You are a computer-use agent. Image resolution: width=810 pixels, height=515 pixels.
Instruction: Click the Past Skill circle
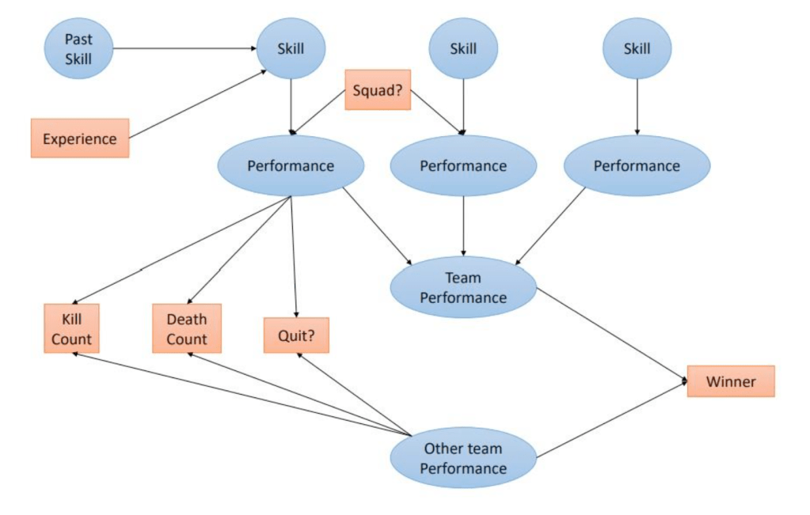pos(78,49)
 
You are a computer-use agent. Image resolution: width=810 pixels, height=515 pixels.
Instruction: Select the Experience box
pos(80,138)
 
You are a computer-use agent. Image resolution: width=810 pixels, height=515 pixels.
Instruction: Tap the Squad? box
pos(378,89)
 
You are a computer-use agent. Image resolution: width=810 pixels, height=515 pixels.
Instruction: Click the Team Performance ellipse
pos(463,287)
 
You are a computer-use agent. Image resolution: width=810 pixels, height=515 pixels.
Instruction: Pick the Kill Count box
pos(71,329)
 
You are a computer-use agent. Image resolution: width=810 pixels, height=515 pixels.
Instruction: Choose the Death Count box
pos(187,329)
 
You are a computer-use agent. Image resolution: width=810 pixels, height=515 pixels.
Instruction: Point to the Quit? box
pos(296,335)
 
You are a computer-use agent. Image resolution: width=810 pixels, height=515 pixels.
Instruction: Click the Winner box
pos(730,381)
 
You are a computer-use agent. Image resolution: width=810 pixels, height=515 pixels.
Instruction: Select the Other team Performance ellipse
pos(463,458)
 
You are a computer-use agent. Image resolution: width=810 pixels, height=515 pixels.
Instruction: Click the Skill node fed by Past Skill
pos(291,48)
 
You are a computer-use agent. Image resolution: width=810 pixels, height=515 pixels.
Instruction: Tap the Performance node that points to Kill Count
pos(291,166)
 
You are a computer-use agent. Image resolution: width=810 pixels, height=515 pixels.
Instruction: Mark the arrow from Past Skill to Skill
pos(184,48)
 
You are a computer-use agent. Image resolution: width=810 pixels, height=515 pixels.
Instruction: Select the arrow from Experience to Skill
pos(197,104)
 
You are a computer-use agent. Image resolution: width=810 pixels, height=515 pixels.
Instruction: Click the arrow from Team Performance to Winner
pos(611,335)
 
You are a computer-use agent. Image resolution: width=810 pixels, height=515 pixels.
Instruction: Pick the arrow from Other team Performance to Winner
pos(611,420)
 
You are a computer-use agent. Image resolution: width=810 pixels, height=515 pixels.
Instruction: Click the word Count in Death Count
pos(187,339)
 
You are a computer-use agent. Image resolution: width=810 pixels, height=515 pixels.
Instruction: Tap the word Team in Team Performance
pos(463,278)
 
